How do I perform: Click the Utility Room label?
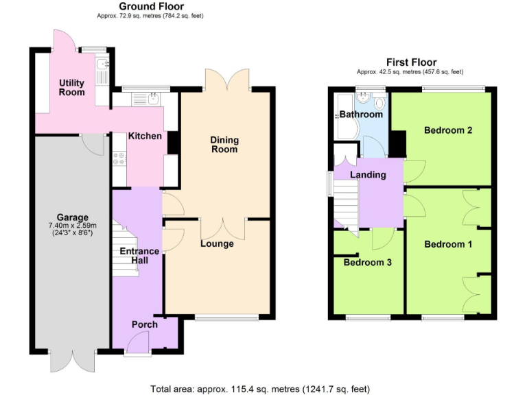point(71,87)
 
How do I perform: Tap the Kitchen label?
point(145,136)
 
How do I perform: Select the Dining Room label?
point(224,144)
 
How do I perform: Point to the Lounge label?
point(217,243)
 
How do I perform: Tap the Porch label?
point(145,324)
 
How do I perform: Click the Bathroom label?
point(361,115)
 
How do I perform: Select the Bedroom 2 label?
point(447,130)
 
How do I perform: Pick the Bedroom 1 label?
point(447,244)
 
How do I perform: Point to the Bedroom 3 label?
point(367,262)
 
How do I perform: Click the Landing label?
point(368,175)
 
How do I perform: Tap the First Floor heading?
point(411,62)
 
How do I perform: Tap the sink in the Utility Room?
point(102,67)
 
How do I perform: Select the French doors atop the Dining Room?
point(227,80)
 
